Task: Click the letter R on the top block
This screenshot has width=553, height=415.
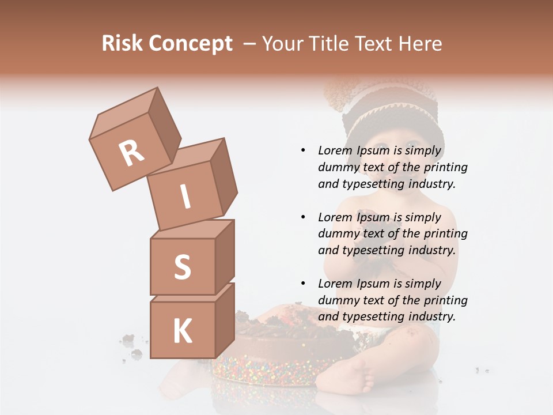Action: (131, 153)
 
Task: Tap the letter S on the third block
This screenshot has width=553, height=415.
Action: (182, 267)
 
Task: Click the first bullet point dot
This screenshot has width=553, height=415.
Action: (303, 151)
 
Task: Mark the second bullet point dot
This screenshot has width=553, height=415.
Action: (303, 217)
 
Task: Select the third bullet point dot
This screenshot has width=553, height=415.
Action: (303, 284)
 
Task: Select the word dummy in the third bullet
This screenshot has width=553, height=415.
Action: (338, 300)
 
